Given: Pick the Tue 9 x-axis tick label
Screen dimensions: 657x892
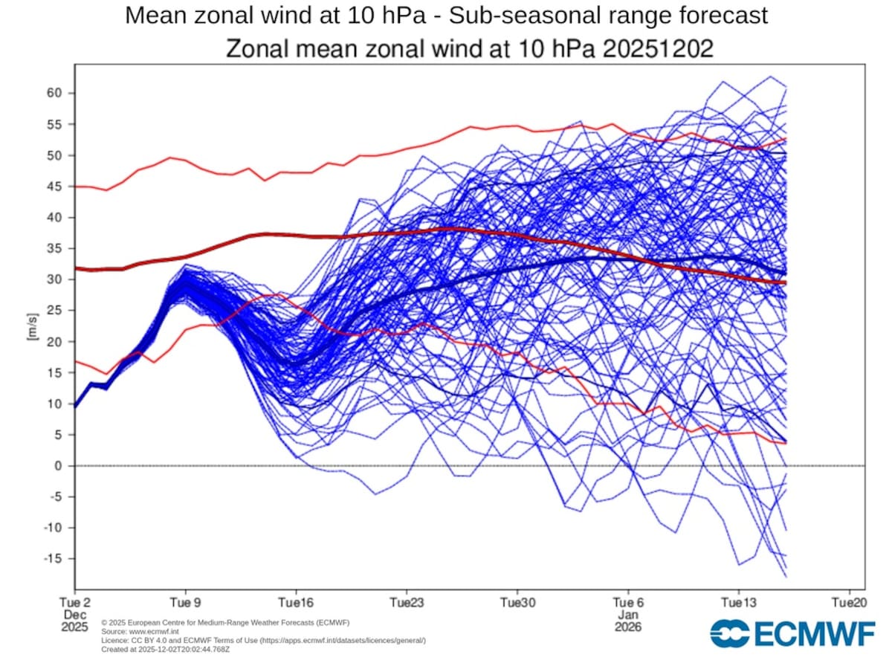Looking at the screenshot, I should point(184,602).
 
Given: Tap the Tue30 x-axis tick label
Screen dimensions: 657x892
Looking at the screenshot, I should point(517,602).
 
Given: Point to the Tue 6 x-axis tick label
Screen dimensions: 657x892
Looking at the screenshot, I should point(627,602).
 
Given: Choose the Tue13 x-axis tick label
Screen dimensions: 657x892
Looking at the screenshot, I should point(738,602).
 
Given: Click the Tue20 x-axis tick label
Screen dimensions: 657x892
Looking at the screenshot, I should point(849,602).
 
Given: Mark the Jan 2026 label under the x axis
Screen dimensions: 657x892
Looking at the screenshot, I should point(627,621).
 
